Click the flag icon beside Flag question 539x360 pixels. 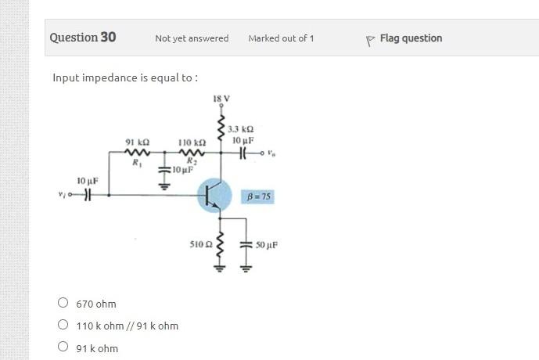[x=370, y=39]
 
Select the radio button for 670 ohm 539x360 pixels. [x=63, y=303]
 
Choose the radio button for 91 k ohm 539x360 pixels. [x=63, y=348]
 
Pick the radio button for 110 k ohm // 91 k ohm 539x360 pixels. [x=63, y=326]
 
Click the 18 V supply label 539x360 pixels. [x=220, y=99]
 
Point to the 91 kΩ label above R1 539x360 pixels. [x=138, y=143]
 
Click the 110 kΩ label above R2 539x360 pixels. [x=192, y=143]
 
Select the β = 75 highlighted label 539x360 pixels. [x=259, y=196]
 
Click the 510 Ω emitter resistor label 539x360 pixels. [x=201, y=245]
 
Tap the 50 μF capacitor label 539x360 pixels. [x=266, y=245]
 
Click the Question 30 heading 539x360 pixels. [x=83, y=38]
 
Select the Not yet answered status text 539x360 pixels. [x=192, y=38]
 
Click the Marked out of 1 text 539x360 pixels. [x=281, y=38]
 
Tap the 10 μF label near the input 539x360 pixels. [x=88, y=181]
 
